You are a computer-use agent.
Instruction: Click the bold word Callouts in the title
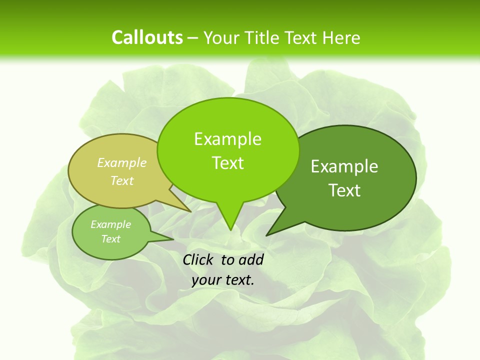coord(147,37)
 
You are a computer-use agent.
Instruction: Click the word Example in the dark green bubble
coord(344,166)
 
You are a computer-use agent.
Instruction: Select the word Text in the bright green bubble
coord(228,163)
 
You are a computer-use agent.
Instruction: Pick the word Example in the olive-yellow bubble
coord(122,162)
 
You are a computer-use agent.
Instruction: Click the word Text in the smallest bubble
coord(110,239)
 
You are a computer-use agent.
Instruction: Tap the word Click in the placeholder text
coord(198,259)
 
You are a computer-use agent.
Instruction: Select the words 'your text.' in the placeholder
coord(223,280)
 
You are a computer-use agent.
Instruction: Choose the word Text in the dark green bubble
coord(344,190)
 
